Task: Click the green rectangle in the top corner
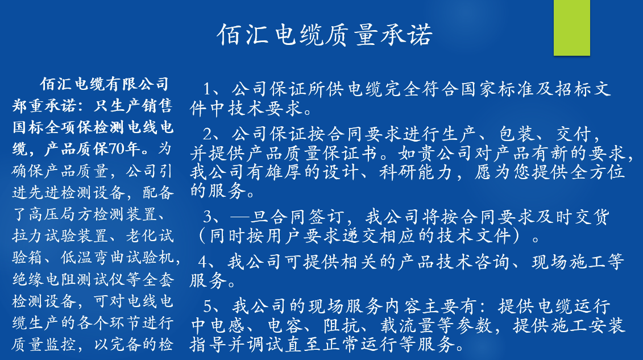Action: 571,27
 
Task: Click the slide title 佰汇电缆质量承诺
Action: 325,35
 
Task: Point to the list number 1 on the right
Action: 208,89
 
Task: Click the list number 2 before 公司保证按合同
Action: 208,134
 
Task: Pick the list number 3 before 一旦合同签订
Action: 208,216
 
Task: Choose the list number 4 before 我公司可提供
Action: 203,262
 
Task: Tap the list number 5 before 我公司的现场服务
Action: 208,307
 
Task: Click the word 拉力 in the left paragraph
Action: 28,236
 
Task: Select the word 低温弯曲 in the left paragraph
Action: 93,258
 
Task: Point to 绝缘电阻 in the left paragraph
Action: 44,279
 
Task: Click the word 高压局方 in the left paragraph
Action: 61,214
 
